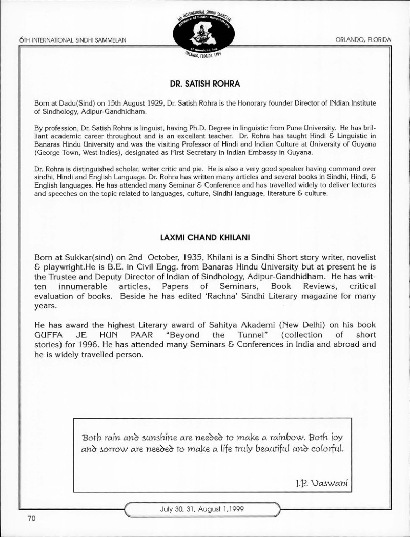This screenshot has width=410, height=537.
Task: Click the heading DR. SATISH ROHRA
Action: point(204,83)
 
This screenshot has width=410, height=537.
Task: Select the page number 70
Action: point(32,518)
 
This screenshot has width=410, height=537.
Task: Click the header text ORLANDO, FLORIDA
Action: point(363,39)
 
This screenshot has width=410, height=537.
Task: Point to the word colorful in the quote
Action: point(318,450)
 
